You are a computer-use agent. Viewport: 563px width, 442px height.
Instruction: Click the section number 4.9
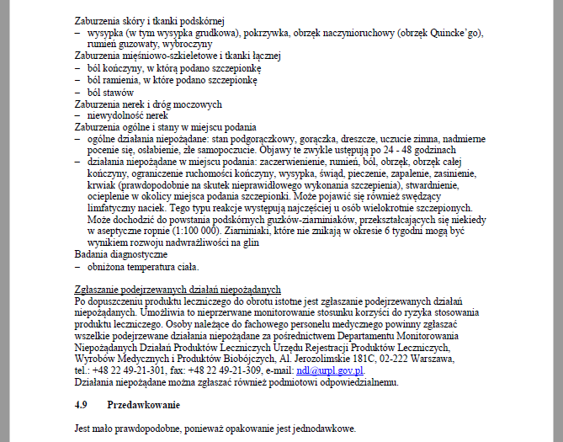[x=82, y=404]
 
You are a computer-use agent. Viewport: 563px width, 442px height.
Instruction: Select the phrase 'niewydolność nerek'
[x=127, y=115]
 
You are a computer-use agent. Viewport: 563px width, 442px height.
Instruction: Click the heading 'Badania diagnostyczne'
[x=121, y=253]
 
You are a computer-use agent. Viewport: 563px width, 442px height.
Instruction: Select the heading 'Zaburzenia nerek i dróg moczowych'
[x=148, y=104]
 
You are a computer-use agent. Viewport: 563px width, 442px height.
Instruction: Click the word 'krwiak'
[x=103, y=184]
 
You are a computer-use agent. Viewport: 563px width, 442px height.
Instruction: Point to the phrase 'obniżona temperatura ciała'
[x=142, y=266]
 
